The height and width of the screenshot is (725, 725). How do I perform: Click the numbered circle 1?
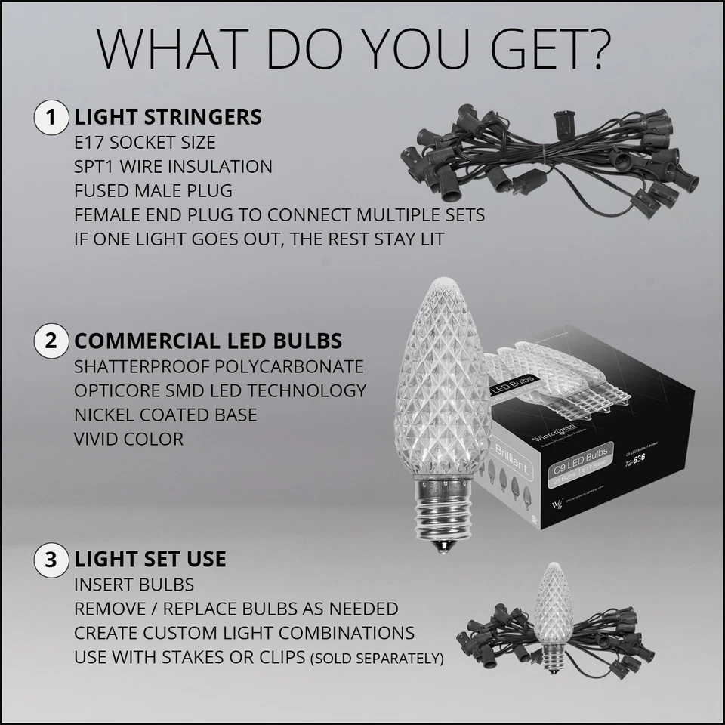pyautogui.click(x=51, y=117)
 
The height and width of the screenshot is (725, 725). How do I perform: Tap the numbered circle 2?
pyautogui.click(x=51, y=341)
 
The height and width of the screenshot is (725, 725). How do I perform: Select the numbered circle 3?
pyautogui.click(x=51, y=560)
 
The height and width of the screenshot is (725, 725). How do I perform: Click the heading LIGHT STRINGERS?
pyautogui.click(x=168, y=117)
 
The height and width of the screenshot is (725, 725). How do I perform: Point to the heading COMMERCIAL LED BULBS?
pyautogui.click(x=208, y=341)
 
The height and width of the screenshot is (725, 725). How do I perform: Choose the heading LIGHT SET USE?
pyautogui.click(x=150, y=560)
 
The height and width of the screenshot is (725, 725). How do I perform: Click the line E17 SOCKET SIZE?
pyautogui.click(x=144, y=142)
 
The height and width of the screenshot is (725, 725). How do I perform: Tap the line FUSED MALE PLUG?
pyautogui.click(x=153, y=190)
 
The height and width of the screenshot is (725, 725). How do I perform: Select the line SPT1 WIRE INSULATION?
pyautogui.click(x=173, y=166)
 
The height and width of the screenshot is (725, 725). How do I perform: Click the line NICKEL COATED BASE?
pyautogui.click(x=165, y=415)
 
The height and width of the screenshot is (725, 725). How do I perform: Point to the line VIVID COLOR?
pyautogui.click(x=128, y=439)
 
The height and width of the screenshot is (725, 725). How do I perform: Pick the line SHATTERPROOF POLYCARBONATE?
pyautogui.click(x=218, y=366)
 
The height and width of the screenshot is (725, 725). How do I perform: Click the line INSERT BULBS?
pyautogui.click(x=134, y=585)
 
